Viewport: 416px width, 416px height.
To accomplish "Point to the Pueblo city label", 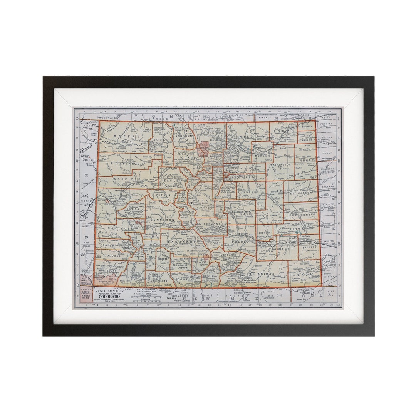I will click(243, 233).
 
